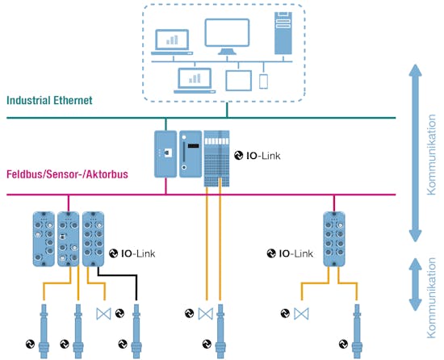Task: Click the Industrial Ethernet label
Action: click(x=50, y=101)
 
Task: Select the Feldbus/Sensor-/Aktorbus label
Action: click(x=63, y=174)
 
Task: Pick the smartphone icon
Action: click(x=263, y=81)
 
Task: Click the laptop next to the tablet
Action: click(x=194, y=78)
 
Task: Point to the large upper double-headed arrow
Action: click(x=413, y=153)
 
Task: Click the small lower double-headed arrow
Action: click(x=413, y=284)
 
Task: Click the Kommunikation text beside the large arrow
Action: click(x=432, y=153)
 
